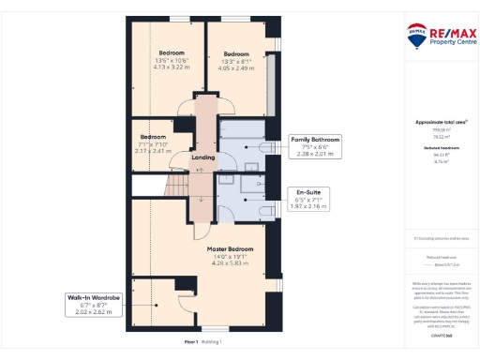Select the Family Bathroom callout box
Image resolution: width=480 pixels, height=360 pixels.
click(315, 144)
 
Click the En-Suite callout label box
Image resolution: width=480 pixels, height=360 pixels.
click(307, 200)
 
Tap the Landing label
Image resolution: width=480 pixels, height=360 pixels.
click(202, 157)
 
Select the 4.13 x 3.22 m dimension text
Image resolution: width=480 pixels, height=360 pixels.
click(171, 67)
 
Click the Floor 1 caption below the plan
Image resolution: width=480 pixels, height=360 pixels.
click(191, 342)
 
